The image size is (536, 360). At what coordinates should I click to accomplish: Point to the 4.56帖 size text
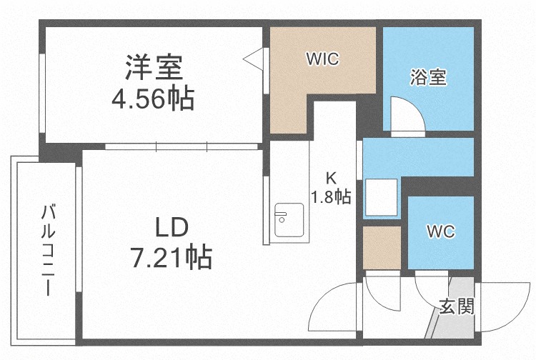[x=152, y=99]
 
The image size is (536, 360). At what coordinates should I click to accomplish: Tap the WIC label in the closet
[x=322, y=59]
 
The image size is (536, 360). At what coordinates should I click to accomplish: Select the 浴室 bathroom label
[x=429, y=78]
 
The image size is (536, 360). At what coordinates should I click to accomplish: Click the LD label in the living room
[x=172, y=228]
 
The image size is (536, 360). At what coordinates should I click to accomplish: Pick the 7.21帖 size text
[x=171, y=256]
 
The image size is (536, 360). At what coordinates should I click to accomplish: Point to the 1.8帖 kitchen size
[x=330, y=196]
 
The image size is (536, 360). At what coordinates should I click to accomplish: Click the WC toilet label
[x=440, y=232]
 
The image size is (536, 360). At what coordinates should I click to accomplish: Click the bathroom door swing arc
[x=406, y=114]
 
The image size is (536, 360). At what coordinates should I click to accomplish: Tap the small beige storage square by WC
[x=381, y=247]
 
